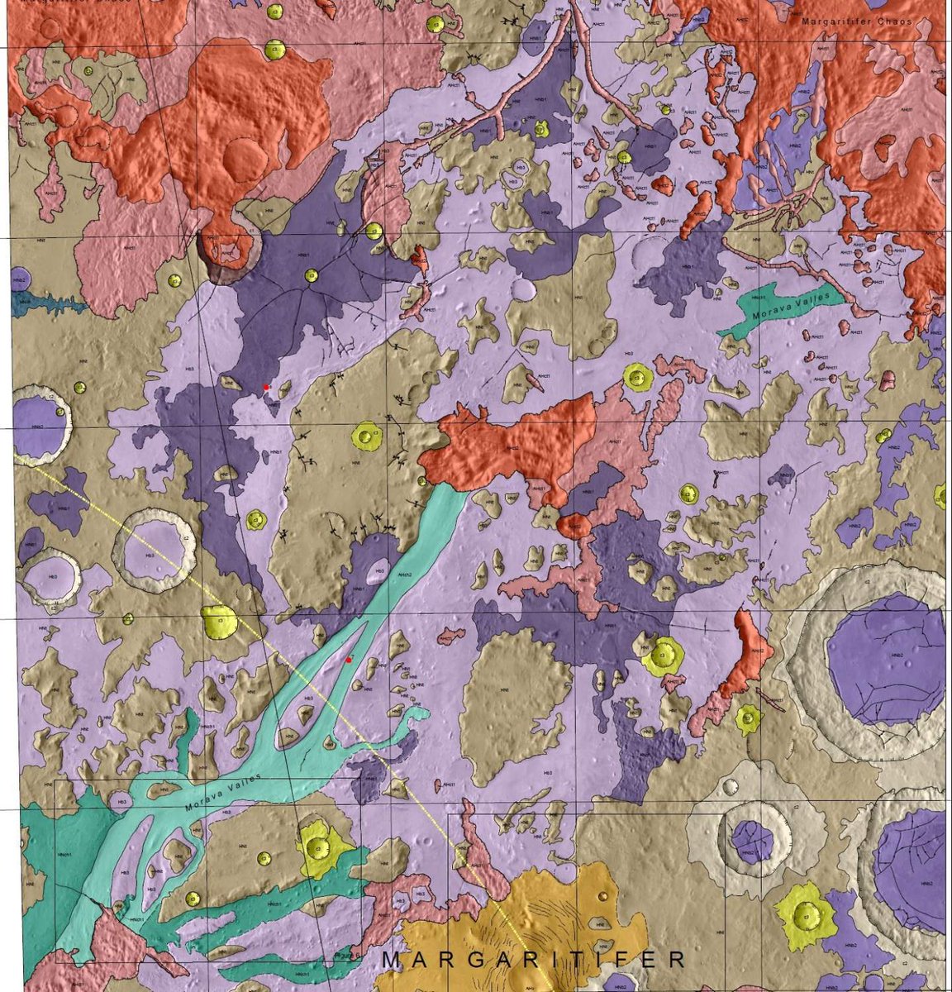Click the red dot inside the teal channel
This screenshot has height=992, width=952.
[x=349, y=659]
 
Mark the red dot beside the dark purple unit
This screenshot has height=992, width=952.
[x=265, y=386]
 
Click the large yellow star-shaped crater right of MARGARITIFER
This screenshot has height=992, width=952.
[x=805, y=914]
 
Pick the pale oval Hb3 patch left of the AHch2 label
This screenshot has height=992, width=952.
[x=378, y=570]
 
